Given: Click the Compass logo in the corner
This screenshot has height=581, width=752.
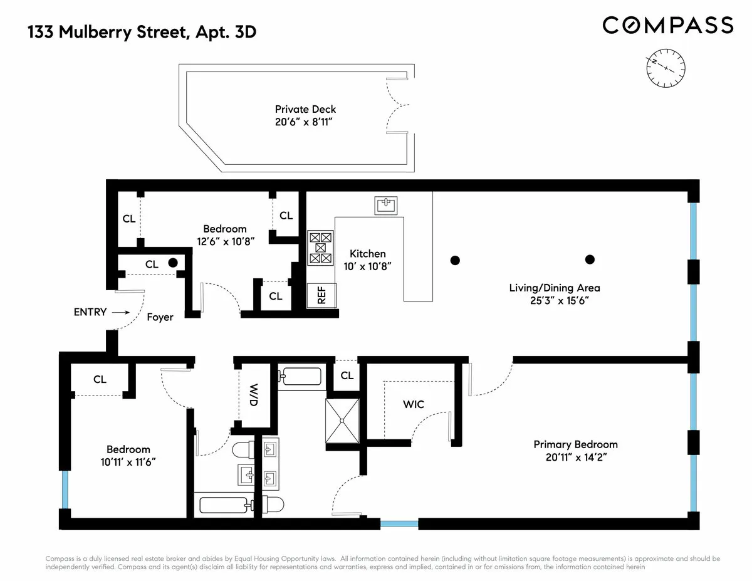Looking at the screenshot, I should click(x=667, y=25).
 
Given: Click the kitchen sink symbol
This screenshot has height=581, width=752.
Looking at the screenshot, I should click(x=385, y=205).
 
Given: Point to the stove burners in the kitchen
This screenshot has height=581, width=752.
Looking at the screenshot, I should click(x=320, y=248).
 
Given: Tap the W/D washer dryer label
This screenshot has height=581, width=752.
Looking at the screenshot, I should click(x=254, y=395).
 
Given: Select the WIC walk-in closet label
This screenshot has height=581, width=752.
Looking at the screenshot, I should click(x=413, y=404).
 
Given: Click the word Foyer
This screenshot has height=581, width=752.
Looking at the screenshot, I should click(x=160, y=317).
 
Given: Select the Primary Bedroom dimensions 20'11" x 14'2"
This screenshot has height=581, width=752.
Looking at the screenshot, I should click(x=575, y=457).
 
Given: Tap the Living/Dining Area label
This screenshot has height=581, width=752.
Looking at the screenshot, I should click(x=555, y=288).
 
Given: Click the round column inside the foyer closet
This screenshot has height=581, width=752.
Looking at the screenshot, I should click(x=172, y=263).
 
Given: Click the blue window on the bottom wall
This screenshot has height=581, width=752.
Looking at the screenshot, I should click(x=399, y=523).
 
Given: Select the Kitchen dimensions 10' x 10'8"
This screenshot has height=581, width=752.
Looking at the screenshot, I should click(x=367, y=266).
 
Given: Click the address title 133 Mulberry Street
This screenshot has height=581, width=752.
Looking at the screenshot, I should click(x=142, y=32).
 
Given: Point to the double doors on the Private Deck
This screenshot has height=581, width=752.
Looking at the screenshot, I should click(x=397, y=106).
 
